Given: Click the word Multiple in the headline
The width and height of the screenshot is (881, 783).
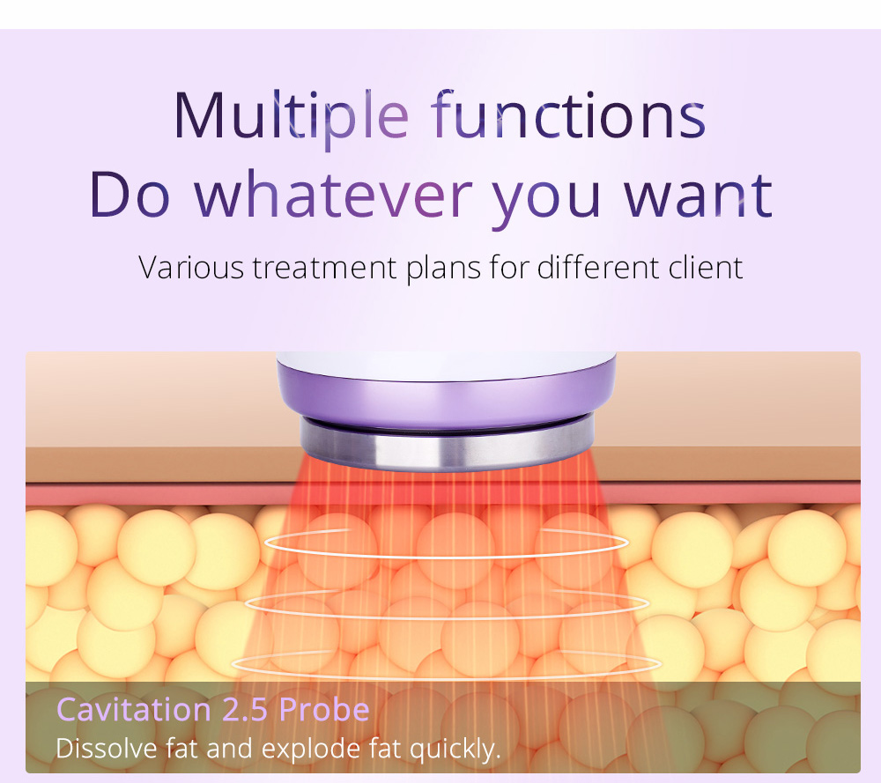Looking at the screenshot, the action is pyautogui.click(x=291, y=116).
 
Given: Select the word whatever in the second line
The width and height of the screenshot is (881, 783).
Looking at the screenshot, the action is pyautogui.click(x=334, y=194).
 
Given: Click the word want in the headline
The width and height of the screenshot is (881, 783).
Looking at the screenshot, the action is pyautogui.click(x=699, y=196).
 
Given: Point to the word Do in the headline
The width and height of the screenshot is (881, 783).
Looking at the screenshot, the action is pyautogui.click(x=130, y=195).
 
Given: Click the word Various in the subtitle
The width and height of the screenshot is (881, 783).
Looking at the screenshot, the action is pyautogui.click(x=191, y=268).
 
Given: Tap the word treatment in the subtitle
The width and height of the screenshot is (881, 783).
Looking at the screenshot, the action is pyautogui.click(x=325, y=268).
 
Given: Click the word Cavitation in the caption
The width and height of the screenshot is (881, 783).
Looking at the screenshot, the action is pyautogui.click(x=134, y=709).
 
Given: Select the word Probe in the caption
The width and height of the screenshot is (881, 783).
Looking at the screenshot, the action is pyautogui.click(x=324, y=709).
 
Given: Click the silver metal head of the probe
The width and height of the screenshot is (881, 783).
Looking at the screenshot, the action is pyautogui.click(x=448, y=443).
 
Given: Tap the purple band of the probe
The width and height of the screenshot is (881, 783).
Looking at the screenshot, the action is pyautogui.click(x=447, y=398).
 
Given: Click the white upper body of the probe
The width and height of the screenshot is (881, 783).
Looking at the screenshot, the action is pyautogui.click(x=446, y=366).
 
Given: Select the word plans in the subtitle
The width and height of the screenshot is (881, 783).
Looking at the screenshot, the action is pyautogui.click(x=443, y=268).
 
